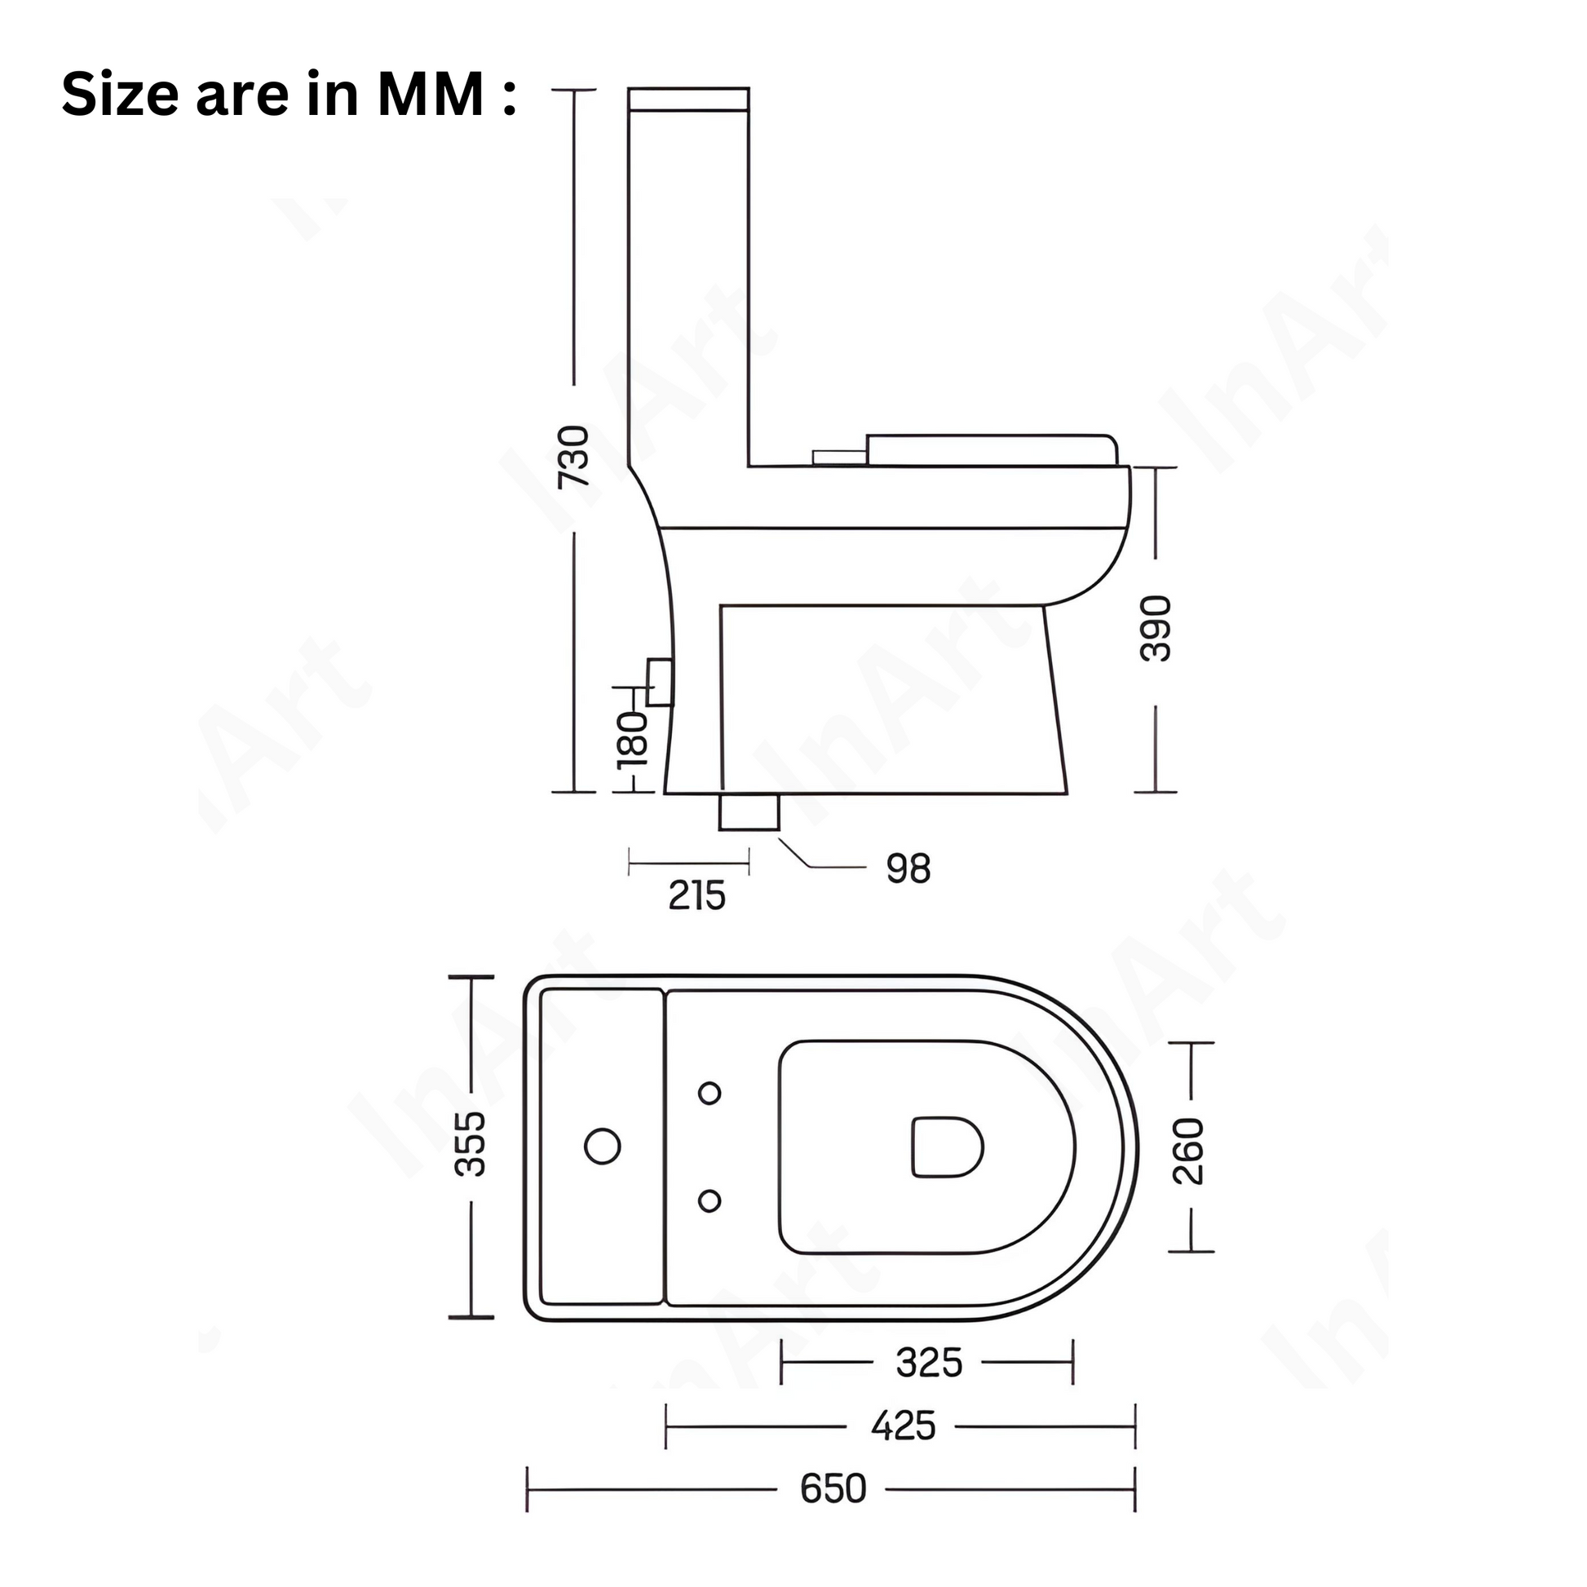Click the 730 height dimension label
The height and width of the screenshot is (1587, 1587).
(x=574, y=458)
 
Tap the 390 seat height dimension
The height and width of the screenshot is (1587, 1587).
(x=1156, y=629)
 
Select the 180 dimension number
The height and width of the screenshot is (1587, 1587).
(x=634, y=738)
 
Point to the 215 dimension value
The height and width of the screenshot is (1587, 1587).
(x=696, y=895)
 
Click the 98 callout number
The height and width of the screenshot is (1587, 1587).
(x=908, y=869)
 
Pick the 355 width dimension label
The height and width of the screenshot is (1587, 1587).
(x=471, y=1144)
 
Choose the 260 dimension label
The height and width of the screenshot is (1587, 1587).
(x=1188, y=1151)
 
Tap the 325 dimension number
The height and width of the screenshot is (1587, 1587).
(x=929, y=1364)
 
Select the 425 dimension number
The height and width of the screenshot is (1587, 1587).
(x=904, y=1426)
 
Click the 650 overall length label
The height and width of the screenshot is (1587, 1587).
(x=833, y=1488)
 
